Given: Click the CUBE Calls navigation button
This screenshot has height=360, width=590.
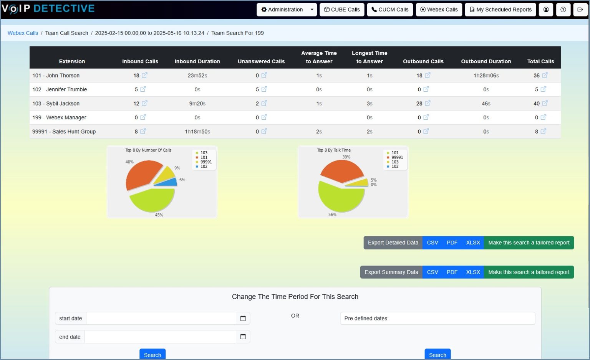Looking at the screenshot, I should (x=342, y=10).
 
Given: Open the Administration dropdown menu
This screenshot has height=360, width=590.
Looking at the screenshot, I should (x=287, y=10).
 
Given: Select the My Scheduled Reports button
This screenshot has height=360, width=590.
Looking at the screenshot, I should (x=501, y=10).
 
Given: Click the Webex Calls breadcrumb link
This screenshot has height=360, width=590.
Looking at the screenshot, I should (x=23, y=33).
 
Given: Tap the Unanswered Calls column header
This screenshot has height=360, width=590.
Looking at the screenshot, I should (x=261, y=61).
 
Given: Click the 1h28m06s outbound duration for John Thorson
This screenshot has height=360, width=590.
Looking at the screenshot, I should (x=486, y=76).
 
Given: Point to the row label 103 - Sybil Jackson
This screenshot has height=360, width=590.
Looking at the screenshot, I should (x=56, y=104).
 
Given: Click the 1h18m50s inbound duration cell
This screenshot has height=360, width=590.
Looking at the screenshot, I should (x=197, y=132).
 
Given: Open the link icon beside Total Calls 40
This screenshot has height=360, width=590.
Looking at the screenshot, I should (x=545, y=103).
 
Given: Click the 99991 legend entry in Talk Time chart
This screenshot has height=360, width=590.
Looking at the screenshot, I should (x=397, y=157).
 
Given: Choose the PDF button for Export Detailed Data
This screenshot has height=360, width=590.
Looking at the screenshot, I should (x=452, y=243).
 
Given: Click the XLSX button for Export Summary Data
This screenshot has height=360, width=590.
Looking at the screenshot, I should (x=473, y=272).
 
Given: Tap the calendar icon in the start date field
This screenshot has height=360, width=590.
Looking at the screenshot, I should (x=243, y=318).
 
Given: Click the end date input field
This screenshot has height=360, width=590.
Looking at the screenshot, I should (x=160, y=337).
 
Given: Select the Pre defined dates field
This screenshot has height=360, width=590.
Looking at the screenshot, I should (x=437, y=318).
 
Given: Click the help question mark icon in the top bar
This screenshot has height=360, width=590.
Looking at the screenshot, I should (x=563, y=10).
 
